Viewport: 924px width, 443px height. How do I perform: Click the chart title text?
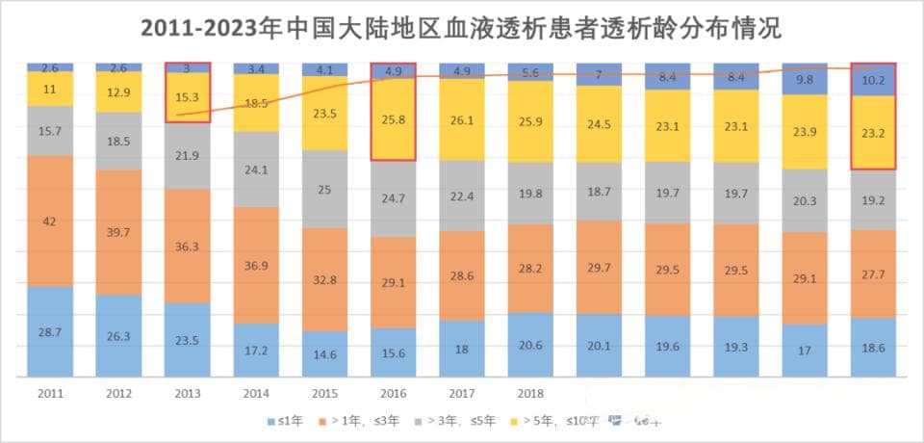coord(461,28)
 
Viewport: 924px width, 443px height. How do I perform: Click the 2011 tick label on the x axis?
coord(49,394)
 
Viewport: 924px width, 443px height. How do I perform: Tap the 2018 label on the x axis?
coord(529,394)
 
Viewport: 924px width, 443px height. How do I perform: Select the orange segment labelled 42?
coord(49,221)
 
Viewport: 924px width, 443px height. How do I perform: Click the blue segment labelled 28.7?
coord(49,331)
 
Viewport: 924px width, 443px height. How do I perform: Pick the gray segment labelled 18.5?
coord(118,141)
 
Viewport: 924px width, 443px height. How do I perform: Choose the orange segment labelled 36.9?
coord(255,265)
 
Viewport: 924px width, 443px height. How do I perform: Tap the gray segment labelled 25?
coord(324,190)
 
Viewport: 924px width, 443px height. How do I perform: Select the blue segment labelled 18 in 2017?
coord(461,349)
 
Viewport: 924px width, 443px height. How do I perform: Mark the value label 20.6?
coord(529,345)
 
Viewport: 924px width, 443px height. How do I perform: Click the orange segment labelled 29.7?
coord(599,267)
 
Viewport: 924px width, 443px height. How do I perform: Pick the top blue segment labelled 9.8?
coord(805,79)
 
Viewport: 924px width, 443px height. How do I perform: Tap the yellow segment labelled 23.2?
coord(873,134)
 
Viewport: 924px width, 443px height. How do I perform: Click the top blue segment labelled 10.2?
coord(873,81)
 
